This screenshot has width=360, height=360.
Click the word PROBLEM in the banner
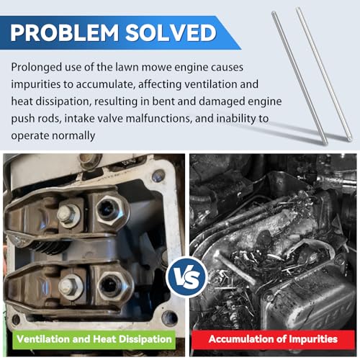coord(65,33)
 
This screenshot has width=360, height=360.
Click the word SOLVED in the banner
coord(171,33)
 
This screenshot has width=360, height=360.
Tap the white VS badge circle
coord(187,277)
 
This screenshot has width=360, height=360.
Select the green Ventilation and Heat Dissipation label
coord(94,339)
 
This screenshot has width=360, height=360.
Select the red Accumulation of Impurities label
coord(273,339)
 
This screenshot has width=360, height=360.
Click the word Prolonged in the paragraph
coord(37,68)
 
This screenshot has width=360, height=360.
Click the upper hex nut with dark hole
coord(110,210)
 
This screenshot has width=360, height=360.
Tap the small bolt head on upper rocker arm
coord(68,215)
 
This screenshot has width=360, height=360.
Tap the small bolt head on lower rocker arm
coord(70,286)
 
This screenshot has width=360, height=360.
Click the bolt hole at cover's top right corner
coord(158,176)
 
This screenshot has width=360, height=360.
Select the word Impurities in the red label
coord(313,339)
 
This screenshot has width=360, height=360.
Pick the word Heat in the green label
coord(104,339)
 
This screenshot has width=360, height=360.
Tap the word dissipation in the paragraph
coord(63,102)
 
